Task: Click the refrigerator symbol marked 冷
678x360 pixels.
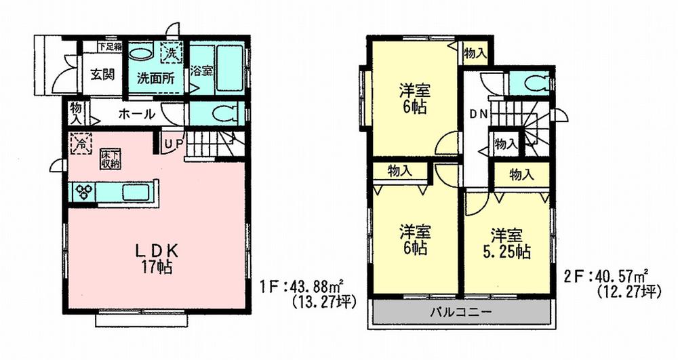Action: click(x=80, y=144)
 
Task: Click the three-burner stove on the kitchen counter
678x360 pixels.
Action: click(x=85, y=192)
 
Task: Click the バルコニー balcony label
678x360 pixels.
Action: click(x=461, y=313)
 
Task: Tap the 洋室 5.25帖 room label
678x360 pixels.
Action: click(x=506, y=243)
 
